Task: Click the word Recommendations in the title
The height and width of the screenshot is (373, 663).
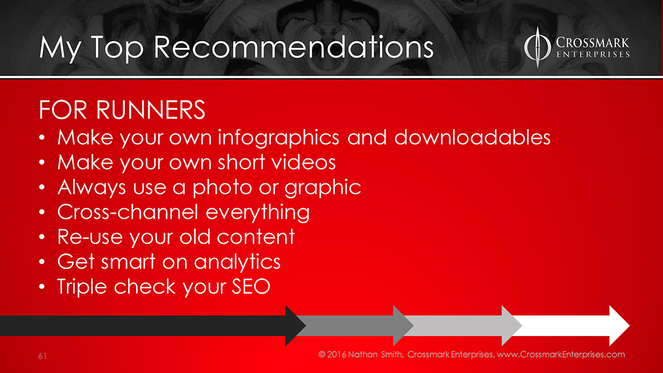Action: pos(293,48)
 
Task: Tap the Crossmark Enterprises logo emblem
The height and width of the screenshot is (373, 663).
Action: pos(537,48)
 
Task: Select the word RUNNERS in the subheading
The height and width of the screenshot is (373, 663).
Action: pos(151,110)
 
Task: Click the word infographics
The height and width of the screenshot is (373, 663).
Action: pos(278,138)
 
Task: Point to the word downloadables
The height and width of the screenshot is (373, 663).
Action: pos(472,138)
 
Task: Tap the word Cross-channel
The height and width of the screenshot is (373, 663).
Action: pos(128,212)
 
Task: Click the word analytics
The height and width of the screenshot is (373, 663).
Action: pos(237,262)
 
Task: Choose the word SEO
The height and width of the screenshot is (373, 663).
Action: pos(251,287)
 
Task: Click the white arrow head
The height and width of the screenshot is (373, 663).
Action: pos(619,325)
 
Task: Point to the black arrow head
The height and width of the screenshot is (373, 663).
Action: pos(296,325)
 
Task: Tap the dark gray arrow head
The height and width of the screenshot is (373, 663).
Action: pos(403,325)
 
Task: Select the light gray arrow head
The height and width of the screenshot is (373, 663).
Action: pos(512,325)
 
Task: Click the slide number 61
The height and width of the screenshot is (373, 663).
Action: pos(43,356)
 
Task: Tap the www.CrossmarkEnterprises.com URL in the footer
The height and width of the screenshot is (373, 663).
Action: pos(561,355)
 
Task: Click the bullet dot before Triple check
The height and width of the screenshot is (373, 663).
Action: pos(42,287)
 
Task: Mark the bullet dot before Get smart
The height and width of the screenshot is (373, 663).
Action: pos(42,262)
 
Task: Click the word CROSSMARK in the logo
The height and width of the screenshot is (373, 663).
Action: pos(592,43)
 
